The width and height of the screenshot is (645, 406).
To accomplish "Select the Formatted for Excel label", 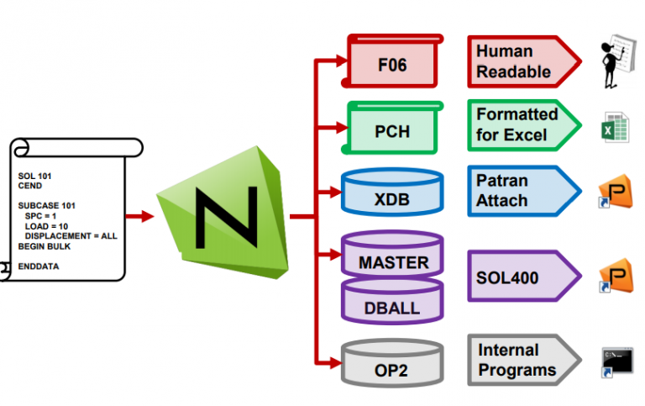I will tap(517, 124).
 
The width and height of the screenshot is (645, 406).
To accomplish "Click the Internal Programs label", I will tap(517, 360).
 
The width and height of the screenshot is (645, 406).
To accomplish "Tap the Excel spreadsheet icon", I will tap(611, 130).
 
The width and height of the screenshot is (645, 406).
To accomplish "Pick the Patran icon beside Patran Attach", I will tap(615, 195).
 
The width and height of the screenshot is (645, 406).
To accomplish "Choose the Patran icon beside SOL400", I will tap(615, 278).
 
